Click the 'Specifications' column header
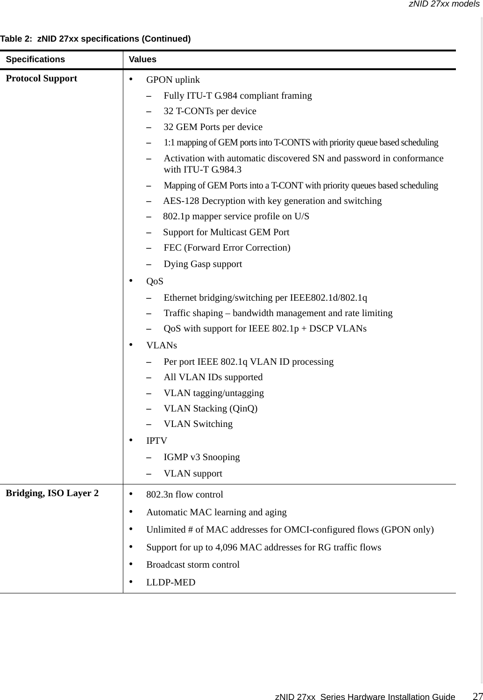click(x=36, y=59)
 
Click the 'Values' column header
click(x=142, y=59)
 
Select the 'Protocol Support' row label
click(x=41, y=79)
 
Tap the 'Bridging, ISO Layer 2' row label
click(x=52, y=493)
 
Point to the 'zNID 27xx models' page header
click(x=444, y=4)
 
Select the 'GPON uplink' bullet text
click(x=173, y=80)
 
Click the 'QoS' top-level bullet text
click(x=155, y=281)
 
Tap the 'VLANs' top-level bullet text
click(x=162, y=346)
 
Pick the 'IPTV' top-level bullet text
click(x=156, y=441)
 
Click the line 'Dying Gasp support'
click(x=203, y=264)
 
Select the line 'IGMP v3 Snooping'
click(x=201, y=457)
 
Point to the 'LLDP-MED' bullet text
click(x=171, y=583)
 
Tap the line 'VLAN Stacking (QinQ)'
click(x=210, y=409)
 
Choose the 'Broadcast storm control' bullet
click(x=193, y=565)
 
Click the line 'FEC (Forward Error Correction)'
click(x=227, y=248)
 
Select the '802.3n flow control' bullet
click(x=185, y=495)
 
